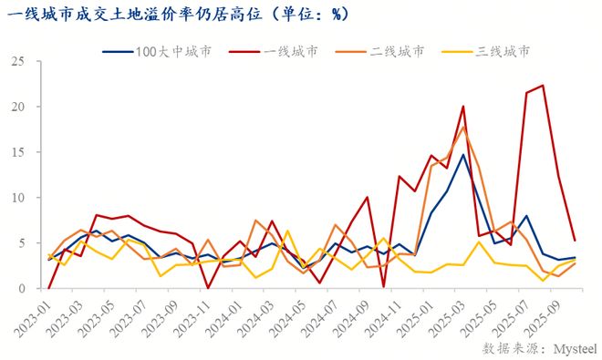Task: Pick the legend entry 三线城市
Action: [503, 52]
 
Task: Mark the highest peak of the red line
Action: [543, 86]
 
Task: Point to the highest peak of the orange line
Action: [463, 128]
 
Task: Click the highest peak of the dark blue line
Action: [463, 155]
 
